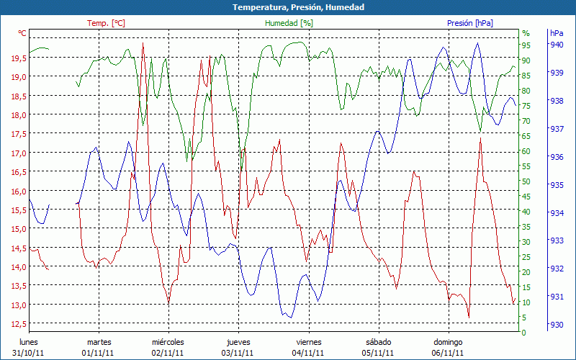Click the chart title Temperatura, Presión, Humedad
pos(288,7)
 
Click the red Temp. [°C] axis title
pos(106,23)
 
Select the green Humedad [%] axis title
pos(289,23)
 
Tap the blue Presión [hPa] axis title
pos(469,23)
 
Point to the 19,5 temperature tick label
pos(19,58)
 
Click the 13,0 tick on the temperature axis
pos(19,305)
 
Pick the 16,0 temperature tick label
pos(19,191)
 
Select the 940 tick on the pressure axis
pos(557,45)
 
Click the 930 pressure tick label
pos(557,325)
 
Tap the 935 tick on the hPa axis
pos(557,185)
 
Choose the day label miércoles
pos(168,342)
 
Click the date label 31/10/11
pos(29,353)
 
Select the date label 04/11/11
pos(308,353)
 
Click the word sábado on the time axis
pos(379,342)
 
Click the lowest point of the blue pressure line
pos(289,318)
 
